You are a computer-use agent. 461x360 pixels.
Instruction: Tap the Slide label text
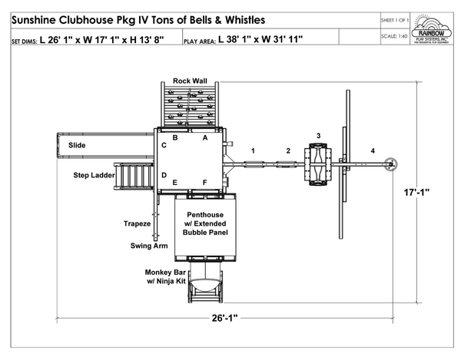point(77,144)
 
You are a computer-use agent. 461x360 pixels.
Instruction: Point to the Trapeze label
point(137,223)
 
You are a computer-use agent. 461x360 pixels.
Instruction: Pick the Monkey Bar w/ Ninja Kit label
point(165,277)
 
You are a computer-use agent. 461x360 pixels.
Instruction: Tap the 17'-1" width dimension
point(426,194)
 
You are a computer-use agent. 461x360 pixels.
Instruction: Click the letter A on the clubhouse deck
point(204,138)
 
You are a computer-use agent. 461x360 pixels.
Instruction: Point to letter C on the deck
point(164,144)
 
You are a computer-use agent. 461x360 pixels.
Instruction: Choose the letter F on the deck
point(204,182)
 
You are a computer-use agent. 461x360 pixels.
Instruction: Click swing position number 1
point(252,151)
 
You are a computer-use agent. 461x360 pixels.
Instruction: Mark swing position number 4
point(373,151)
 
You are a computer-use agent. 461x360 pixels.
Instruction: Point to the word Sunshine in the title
point(37,17)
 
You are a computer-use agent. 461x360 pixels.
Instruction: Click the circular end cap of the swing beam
point(393,163)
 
